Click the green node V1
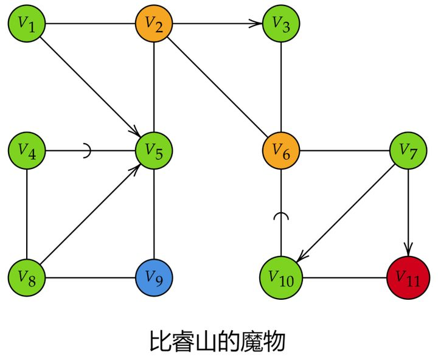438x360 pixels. tap(27, 24)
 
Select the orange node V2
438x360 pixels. tap(154, 24)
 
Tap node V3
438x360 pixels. tap(281, 24)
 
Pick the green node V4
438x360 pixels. tap(27, 151)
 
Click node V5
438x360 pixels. tap(154, 151)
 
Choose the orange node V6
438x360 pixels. tap(281, 151)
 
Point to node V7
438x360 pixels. tap(408, 151)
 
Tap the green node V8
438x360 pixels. tap(27, 278)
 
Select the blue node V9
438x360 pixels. tap(154, 278)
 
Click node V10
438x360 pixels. tap(281, 278)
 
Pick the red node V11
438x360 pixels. tap(408, 278)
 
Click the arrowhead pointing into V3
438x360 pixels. tap(257, 24)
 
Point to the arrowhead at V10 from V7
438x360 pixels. tap(302, 257)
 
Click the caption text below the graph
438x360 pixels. tap(218, 341)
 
